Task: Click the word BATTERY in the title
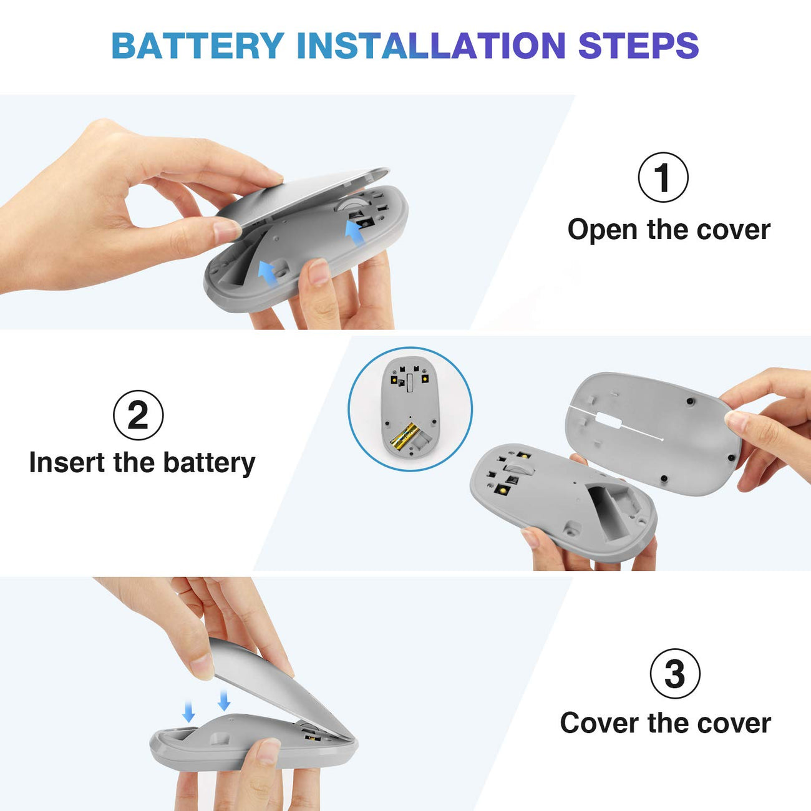tap(197, 46)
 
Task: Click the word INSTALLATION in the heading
tap(431, 46)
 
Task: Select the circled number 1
tap(663, 177)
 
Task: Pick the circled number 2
tap(138, 415)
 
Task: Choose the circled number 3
tap(674, 674)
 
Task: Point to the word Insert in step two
tap(67, 463)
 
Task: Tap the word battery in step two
tap(209, 463)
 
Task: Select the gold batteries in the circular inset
tap(404, 435)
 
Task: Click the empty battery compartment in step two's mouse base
tap(609, 510)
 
